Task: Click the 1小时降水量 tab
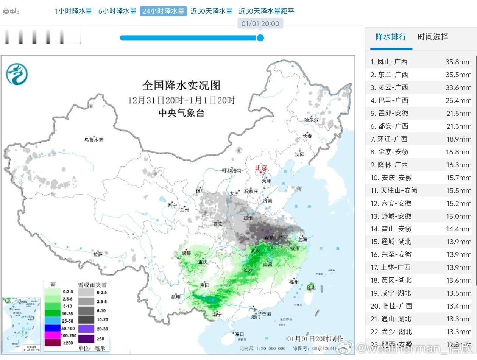73,11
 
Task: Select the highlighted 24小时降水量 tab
163,11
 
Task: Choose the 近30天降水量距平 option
266,11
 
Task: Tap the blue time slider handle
260,38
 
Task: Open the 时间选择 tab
433,37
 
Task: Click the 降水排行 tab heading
391,37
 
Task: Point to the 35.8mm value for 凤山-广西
458,62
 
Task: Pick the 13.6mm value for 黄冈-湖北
458,280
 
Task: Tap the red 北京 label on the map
261,168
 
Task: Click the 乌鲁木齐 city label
94,140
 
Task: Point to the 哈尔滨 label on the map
312,120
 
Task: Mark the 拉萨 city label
98,254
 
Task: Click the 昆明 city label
176,297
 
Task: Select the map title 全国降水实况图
181,85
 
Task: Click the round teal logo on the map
17,73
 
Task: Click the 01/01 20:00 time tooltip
260,23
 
